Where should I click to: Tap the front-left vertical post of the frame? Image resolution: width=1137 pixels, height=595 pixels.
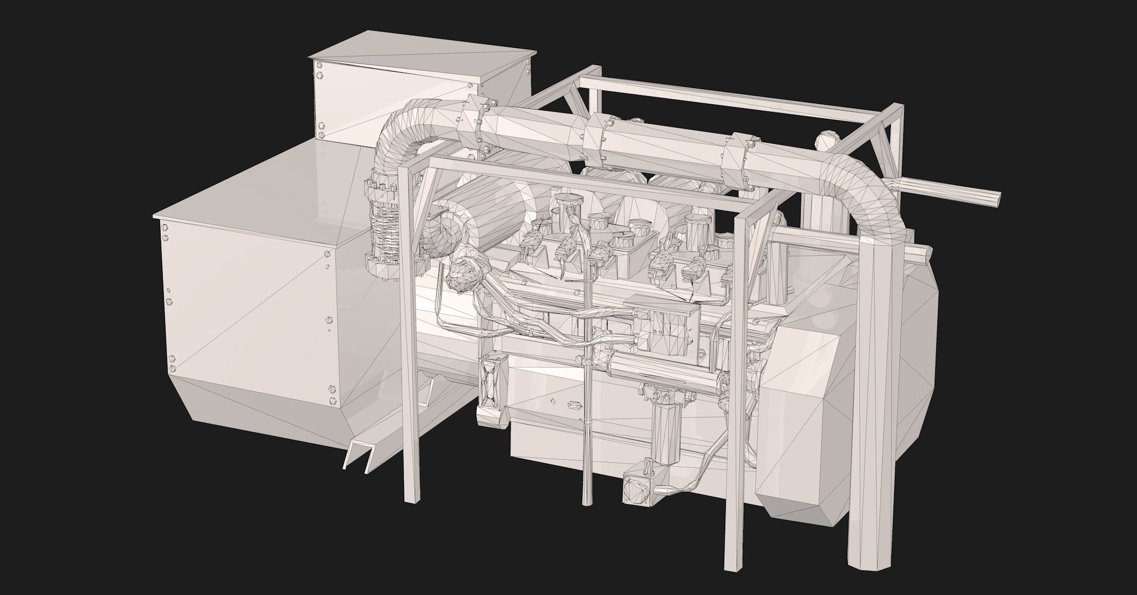[x=410, y=353]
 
